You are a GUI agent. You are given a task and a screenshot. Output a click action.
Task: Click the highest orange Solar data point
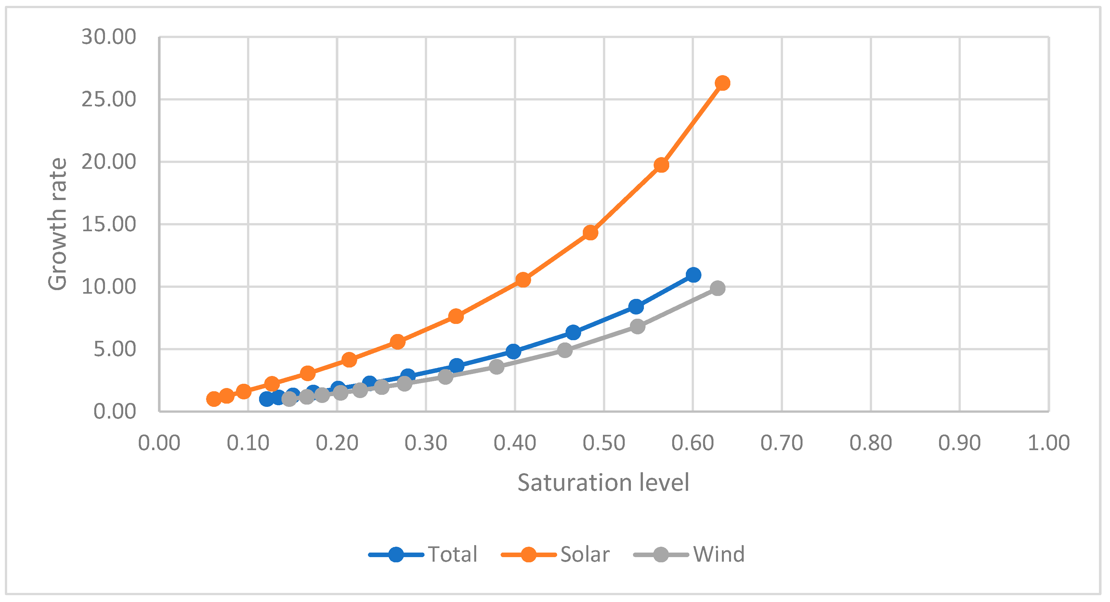click(722, 83)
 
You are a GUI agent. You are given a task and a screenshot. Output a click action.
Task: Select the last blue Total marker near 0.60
click(693, 275)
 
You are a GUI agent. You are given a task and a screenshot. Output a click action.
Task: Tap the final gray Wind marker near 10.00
click(717, 288)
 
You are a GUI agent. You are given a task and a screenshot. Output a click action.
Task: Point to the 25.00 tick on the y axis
click(109, 100)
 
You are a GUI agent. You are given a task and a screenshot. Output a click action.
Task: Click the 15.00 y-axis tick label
click(109, 224)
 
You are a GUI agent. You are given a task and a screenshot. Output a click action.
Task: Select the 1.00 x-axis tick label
click(1048, 443)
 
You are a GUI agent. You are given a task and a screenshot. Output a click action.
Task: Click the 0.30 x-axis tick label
click(426, 443)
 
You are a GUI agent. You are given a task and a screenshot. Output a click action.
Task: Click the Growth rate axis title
click(57, 224)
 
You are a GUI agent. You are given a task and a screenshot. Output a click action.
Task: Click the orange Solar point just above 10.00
click(523, 280)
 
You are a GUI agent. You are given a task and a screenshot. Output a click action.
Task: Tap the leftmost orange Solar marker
click(214, 399)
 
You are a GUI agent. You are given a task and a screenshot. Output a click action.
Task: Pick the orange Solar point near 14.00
click(590, 233)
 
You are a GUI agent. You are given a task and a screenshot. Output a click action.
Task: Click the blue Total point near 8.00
click(636, 307)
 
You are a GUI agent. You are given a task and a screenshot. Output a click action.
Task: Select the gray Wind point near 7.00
click(638, 327)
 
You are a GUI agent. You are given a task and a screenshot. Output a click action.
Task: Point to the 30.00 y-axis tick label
click(109, 37)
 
